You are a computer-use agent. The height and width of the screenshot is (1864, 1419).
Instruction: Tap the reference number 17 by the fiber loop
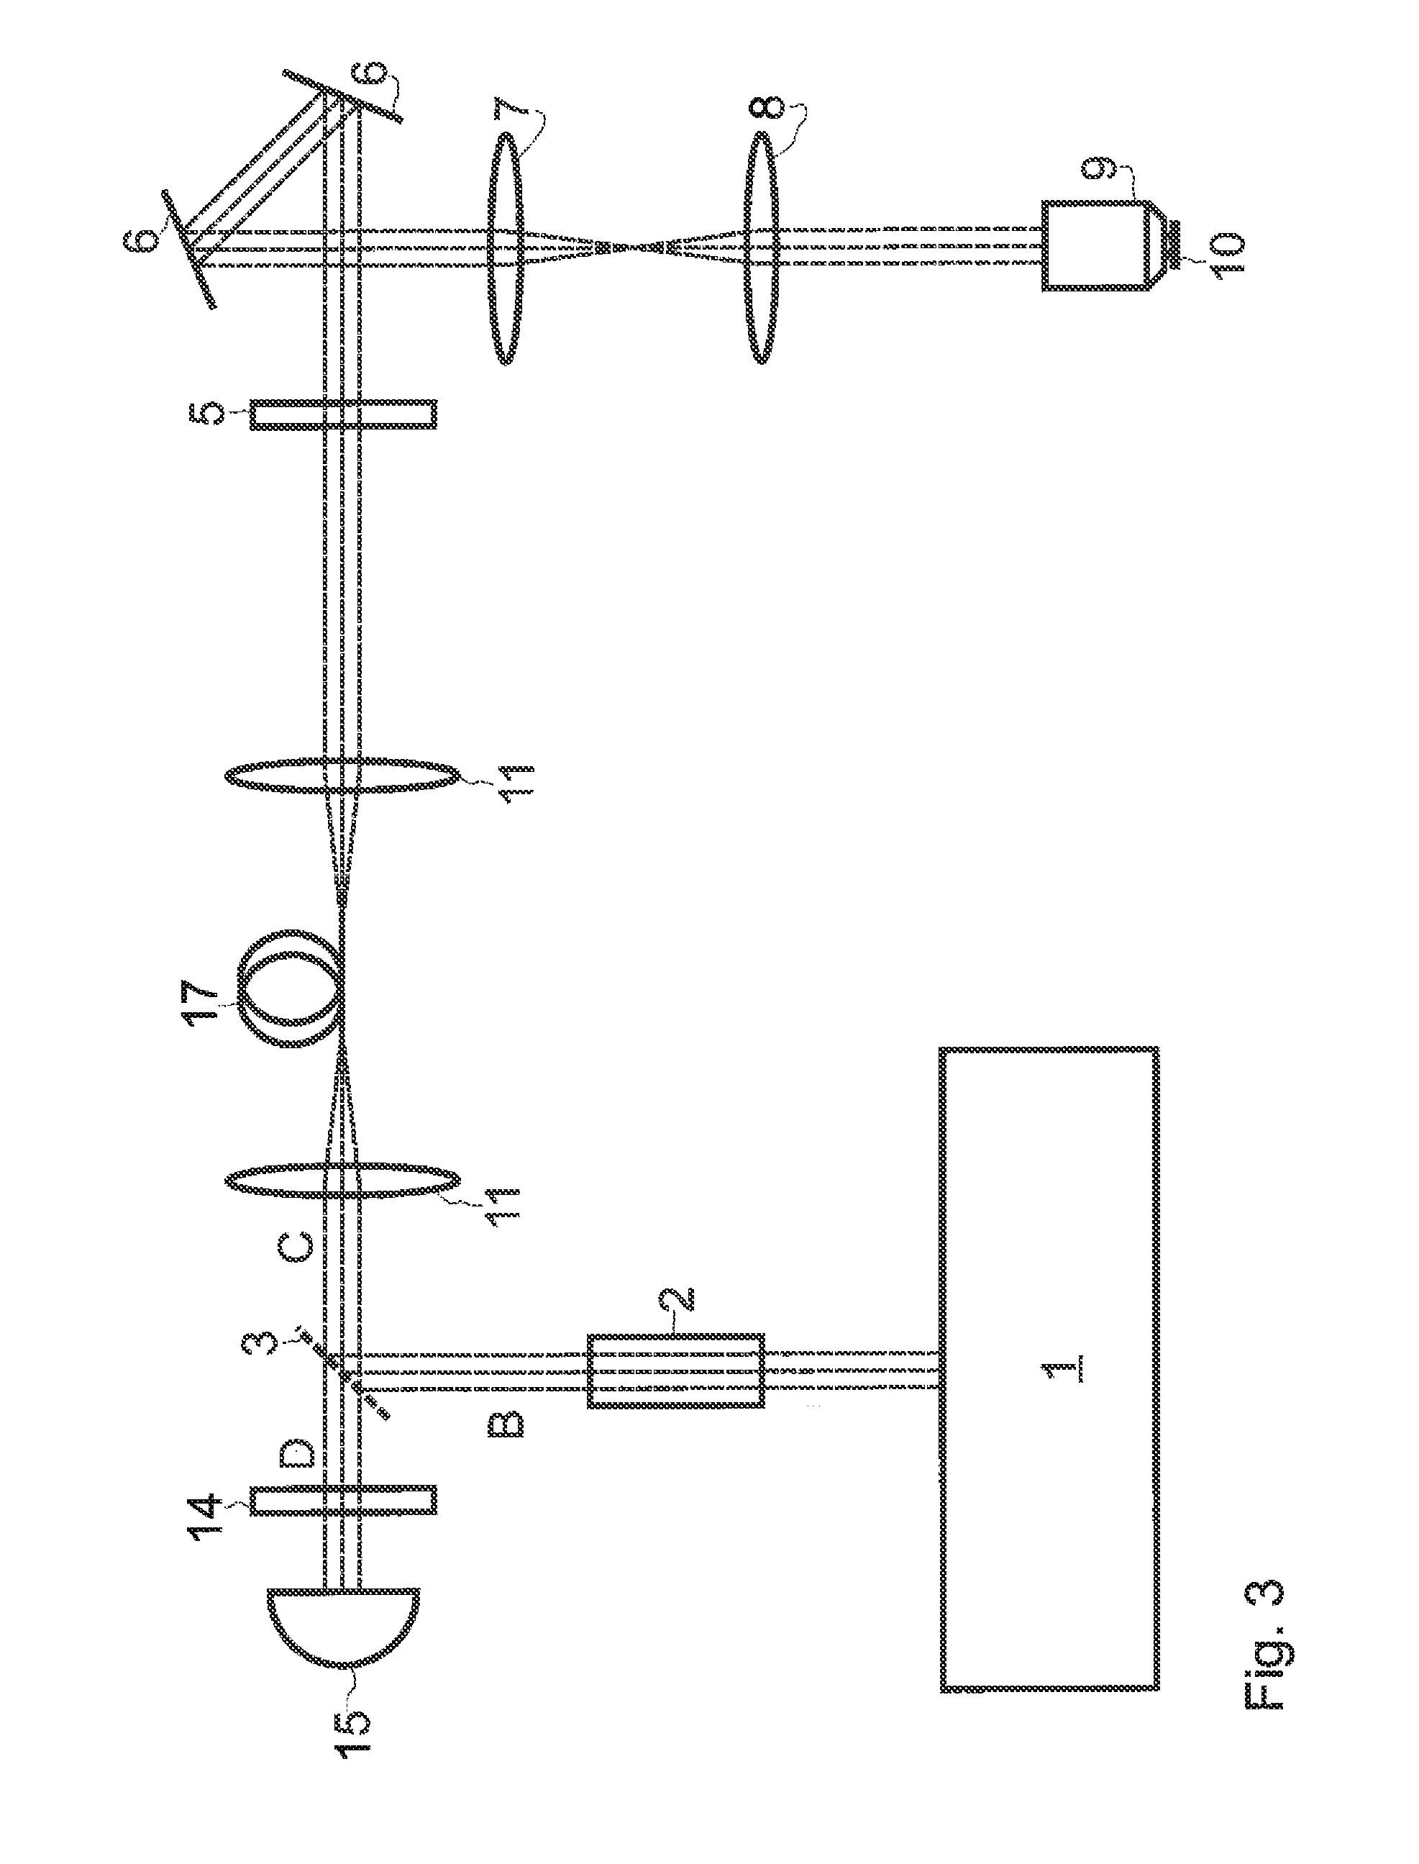pos(205,1001)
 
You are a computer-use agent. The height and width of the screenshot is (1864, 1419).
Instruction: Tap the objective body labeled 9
pos(1094,246)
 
